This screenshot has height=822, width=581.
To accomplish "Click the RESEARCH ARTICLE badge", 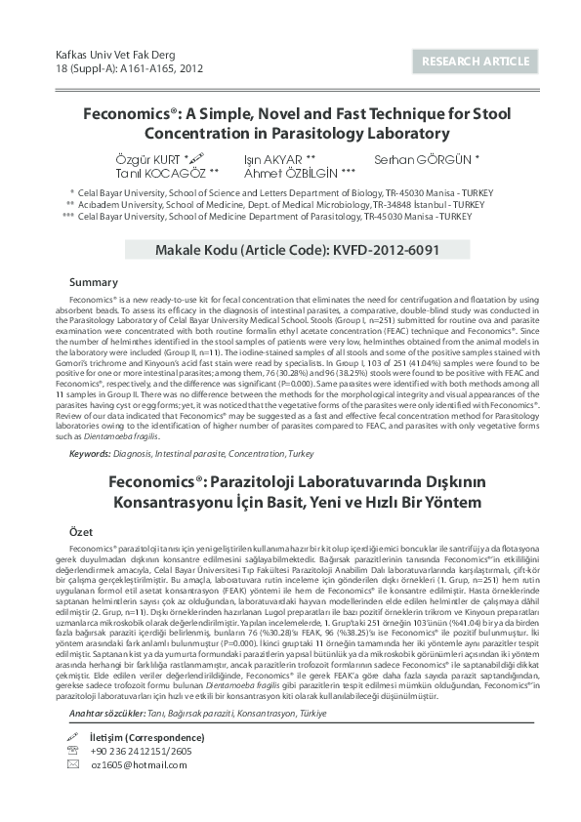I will point(476,62).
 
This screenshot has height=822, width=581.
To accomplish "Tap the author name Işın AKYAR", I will point(278,158).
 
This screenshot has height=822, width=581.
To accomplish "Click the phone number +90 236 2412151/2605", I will point(142,750).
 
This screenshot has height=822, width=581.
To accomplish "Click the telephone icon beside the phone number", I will point(72,750).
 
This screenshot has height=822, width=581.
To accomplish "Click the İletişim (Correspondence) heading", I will point(146,735).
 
